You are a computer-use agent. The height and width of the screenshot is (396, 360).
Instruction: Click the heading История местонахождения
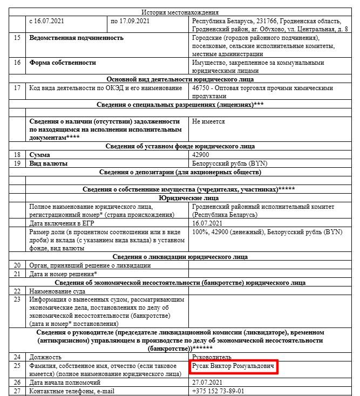180,12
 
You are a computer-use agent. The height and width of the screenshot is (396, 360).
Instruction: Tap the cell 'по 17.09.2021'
130,21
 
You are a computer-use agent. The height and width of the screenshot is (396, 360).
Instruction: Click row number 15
18,38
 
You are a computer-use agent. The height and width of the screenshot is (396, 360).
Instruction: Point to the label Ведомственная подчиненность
76,38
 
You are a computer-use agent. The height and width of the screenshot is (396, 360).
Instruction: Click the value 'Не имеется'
208,121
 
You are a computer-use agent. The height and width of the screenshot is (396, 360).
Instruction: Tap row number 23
18,299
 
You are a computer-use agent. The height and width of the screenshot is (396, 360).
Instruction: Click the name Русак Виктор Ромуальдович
233,366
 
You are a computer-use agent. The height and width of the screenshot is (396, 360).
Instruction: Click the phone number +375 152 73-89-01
218,391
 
